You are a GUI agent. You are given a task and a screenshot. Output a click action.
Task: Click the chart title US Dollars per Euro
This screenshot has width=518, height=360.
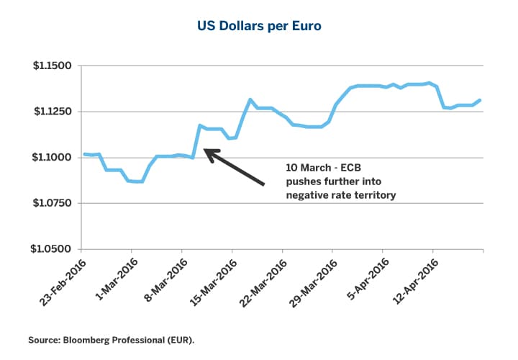(x=259, y=27)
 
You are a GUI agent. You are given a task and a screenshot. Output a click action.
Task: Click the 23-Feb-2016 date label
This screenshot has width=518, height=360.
(x=60, y=279)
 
